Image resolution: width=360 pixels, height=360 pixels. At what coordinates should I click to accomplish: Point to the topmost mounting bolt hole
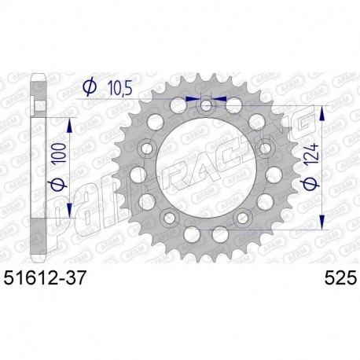[206, 105]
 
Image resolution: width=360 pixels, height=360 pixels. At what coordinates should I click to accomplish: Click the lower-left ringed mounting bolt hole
[167, 217]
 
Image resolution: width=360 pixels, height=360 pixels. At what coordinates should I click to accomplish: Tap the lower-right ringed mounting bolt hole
[245, 217]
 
